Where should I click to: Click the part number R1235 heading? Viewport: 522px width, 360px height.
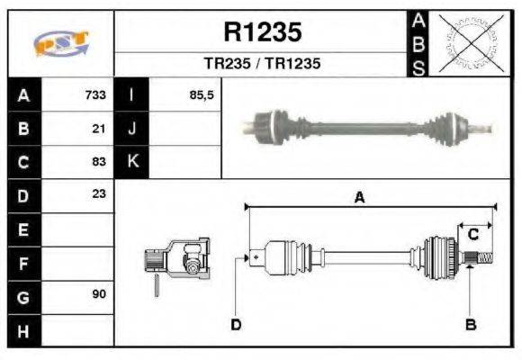click(x=262, y=33)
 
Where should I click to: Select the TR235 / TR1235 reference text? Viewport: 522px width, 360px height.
click(x=262, y=64)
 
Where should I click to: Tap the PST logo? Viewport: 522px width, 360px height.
click(x=60, y=44)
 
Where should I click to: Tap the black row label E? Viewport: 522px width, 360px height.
click(x=23, y=229)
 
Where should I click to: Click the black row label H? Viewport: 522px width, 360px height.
click(x=23, y=330)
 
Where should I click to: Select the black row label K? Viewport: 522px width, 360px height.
click(x=132, y=162)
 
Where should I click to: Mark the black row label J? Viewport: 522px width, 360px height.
click(x=132, y=129)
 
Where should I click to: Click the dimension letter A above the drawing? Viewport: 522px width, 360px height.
click(x=359, y=199)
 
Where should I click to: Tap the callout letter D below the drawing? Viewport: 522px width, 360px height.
click(x=236, y=324)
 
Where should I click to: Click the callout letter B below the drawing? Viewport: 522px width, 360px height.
click(x=470, y=324)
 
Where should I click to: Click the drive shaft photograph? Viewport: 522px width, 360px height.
click(x=369, y=126)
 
